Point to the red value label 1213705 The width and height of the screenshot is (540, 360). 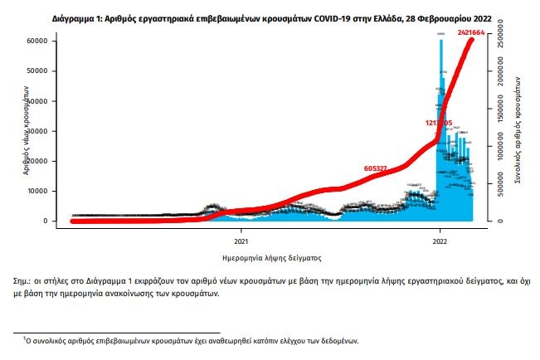click(x=439, y=123)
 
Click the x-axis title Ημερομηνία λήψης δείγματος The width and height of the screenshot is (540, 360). click(x=271, y=258)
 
